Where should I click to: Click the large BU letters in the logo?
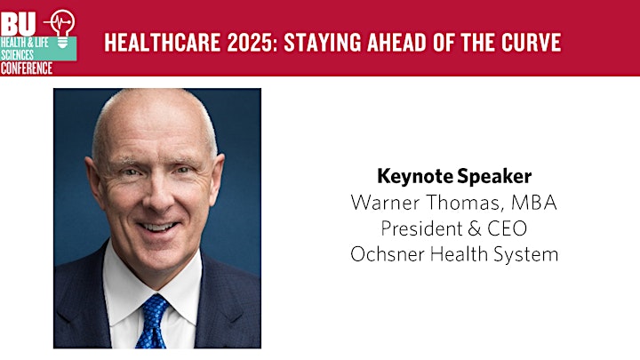(x=18, y=25)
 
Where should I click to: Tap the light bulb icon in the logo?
(x=62, y=28)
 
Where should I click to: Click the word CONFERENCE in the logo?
(x=27, y=68)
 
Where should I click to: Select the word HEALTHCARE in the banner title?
(x=163, y=43)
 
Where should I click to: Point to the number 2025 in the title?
(x=250, y=43)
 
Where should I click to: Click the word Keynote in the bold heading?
(x=415, y=177)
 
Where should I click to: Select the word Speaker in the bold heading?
(x=494, y=177)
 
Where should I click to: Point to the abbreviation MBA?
(x=534, y=202)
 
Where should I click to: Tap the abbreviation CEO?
(x=508, y=228)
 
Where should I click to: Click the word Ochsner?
(x=387, y=254)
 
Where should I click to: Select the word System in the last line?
(x=525, y=255)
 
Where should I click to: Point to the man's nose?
(x=158, y=195)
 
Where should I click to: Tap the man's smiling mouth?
(x=158, y=227)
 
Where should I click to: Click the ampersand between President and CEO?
(x=475, y=228)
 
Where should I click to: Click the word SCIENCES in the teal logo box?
(x=17, y=55)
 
